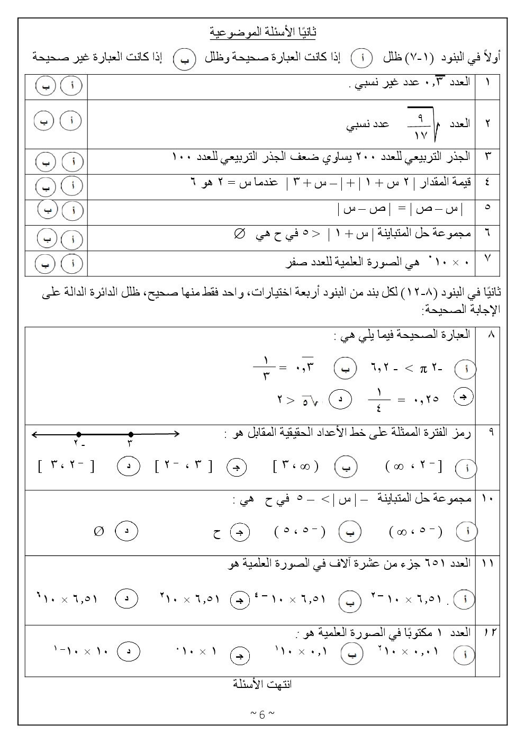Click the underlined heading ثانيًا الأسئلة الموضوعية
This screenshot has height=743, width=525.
click(x=263, y=33)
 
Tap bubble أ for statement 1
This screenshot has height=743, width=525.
click(x=71, y=86)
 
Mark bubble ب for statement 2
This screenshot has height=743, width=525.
click(x=44, y=121)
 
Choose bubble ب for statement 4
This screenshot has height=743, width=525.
click(x=46, y=186)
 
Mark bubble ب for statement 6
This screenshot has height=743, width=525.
click(x=47, y=239)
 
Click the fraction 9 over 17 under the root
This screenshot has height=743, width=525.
click(x=421, y=124)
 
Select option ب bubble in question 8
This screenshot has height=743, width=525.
click(x=345, y=369)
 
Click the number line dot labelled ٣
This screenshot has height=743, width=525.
click(x=131, y=434)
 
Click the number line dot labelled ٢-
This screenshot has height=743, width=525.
click(x=78, y=434)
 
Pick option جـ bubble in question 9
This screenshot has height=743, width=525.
click(x=237, y=467)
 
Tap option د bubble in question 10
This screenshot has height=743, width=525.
click(x=127, y=531)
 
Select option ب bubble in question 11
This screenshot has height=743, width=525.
click(x=349, y=601)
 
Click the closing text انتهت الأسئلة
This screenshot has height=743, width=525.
click(x=263, y=684)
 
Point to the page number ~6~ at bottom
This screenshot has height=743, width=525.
click(x=262, y=714)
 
